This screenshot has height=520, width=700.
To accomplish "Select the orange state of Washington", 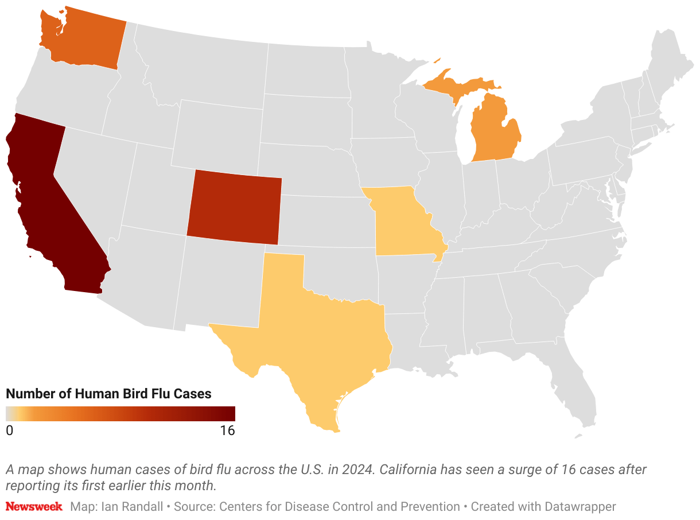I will click(x=83, y=37).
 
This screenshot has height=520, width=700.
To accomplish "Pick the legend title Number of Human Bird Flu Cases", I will click(x=108, y=394).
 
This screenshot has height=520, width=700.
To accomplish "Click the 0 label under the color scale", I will click(x=10, y=430).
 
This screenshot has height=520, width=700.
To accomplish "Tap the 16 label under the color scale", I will click(x=227, y=430).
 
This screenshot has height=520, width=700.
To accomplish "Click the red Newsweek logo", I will click(x=34, y=507).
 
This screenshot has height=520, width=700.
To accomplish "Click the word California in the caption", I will click(x=408, y=469).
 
